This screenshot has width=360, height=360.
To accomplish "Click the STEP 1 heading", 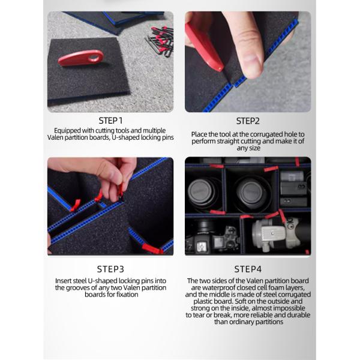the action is [x=110, y=121].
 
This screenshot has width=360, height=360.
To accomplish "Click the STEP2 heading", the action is [x=248, y=121].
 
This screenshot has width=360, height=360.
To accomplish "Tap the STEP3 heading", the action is [x=110, y=269].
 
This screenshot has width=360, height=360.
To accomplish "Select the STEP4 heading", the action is [x=248, y=269].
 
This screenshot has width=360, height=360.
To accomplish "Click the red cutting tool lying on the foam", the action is [x=81, y=58].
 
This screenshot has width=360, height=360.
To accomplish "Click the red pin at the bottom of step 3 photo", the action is [x=152, y=249].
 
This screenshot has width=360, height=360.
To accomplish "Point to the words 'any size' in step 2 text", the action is [x=248, y=148].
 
